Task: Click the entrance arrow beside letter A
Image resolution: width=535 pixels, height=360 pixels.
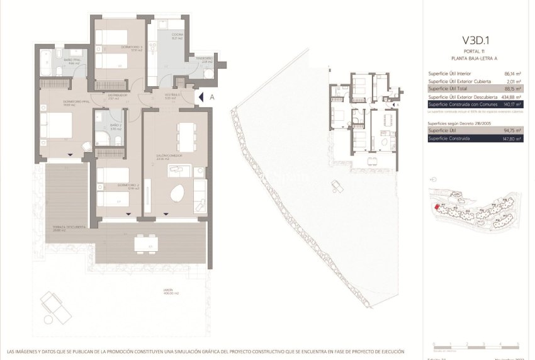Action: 200,98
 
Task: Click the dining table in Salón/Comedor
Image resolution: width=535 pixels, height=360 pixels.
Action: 186,135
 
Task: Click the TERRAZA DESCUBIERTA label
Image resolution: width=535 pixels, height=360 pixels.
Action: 65,229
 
